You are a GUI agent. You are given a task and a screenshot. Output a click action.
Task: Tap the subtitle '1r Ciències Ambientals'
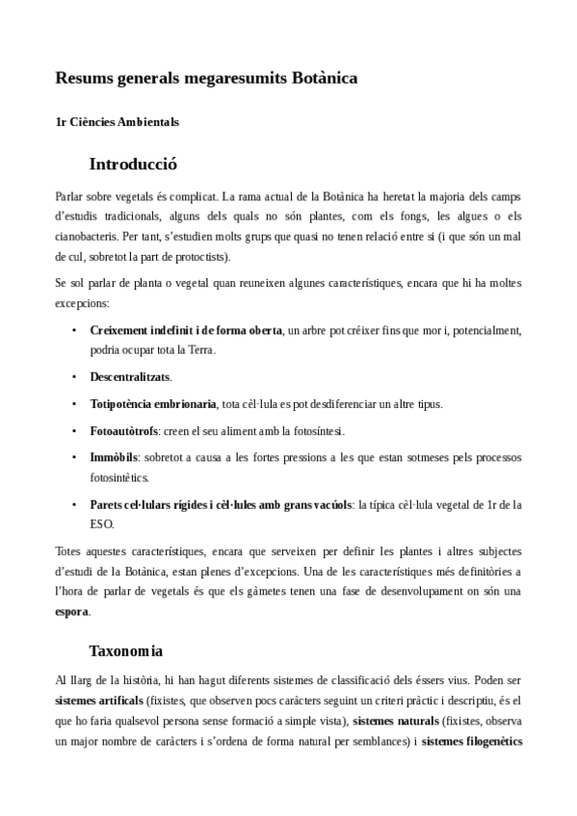coord(118,122)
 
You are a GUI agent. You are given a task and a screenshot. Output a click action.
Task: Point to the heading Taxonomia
coord(126,650)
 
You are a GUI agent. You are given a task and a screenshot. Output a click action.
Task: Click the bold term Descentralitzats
coord(130,376)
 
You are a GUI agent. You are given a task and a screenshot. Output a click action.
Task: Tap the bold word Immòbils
coord(115,455)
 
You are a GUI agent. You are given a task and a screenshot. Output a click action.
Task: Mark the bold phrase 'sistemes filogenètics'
coord(472,742)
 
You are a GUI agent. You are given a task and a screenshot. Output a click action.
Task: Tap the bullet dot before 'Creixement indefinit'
coord(75,330)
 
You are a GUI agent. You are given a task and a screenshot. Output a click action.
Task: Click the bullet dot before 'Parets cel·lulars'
coord(75,504)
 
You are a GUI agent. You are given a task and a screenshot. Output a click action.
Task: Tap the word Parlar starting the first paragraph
coord(70,195)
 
